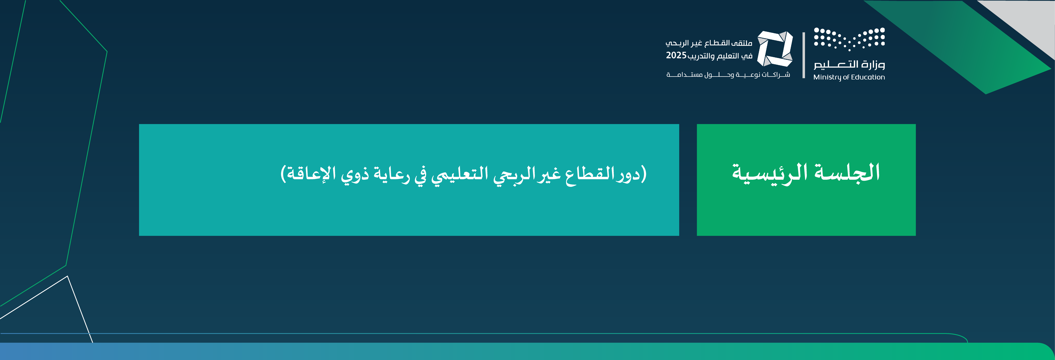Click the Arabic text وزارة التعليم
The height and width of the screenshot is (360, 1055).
849,64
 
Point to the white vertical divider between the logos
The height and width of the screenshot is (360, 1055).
804,55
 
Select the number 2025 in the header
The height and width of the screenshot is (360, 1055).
676,55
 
